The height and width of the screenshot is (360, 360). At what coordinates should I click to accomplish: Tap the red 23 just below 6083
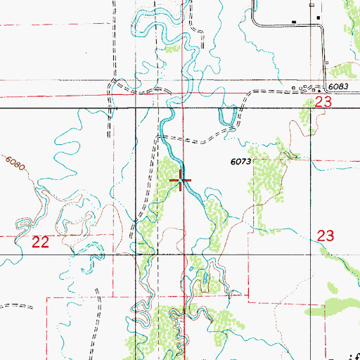click(x=323, y=102)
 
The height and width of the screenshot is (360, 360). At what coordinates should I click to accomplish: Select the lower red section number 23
click(x=325, y=236)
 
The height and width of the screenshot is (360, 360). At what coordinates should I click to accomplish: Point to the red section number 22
click(x=41, y=243)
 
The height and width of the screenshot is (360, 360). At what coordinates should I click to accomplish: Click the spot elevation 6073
click(x=240, y=161)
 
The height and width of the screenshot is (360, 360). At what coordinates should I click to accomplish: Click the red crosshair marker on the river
click(x=183, y=181)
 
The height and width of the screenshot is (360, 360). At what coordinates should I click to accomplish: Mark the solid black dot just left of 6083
click(x=318, y=89)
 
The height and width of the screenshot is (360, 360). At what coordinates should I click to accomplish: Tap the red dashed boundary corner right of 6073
click(x=253, y=160)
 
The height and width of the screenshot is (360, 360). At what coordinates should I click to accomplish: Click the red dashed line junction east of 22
click(x=114, y=234)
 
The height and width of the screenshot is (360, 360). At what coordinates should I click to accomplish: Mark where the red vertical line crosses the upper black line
click(x=185, y=108)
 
